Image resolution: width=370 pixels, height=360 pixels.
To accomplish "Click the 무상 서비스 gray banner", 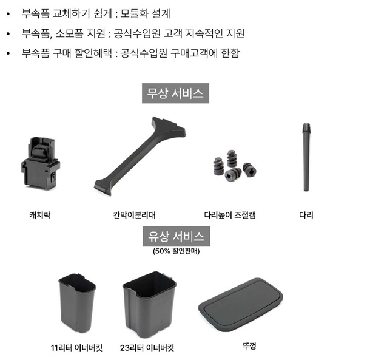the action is [175, 93].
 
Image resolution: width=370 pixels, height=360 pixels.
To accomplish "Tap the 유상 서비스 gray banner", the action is [177, 236].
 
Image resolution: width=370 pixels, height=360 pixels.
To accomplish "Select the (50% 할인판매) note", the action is [177, 251].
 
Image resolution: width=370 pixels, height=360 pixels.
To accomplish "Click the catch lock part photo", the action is [41, 163].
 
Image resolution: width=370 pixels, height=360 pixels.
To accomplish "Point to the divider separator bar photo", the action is [140, 156].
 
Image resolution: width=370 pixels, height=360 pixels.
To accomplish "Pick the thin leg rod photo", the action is [306, 157].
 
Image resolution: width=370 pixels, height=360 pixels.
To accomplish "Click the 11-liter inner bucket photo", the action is [77, 303].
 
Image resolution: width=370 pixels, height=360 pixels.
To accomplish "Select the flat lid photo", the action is [241, 305].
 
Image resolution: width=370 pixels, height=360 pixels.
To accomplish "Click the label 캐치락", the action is [40, 215].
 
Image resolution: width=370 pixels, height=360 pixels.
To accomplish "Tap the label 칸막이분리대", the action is [134, 215].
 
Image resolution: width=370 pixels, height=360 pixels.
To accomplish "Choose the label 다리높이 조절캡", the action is [230, 215].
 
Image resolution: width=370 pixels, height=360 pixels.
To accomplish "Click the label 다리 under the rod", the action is [306, 215].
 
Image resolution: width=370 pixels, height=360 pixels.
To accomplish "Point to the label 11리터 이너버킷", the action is [76, 348].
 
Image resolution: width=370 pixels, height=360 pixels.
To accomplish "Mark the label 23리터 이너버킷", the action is [147, 348].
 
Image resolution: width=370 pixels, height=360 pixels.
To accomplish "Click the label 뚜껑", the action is [249, 346].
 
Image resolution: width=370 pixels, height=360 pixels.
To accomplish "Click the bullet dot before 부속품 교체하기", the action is [8, 14].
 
